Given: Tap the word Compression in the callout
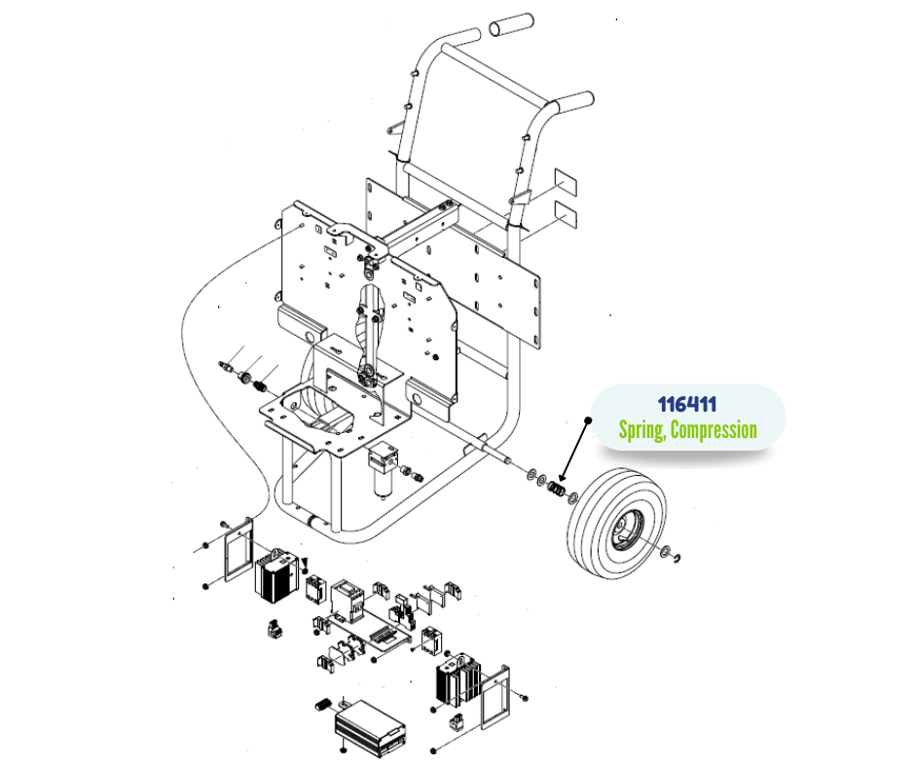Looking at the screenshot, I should click(721, 430).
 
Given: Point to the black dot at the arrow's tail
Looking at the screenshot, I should click(588, 421).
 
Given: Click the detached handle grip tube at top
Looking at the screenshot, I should click(512, 26).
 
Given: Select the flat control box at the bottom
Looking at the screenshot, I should click(370, 724).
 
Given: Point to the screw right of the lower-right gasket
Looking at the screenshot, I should click(524, 696).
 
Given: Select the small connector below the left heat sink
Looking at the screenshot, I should click(274, 629).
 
